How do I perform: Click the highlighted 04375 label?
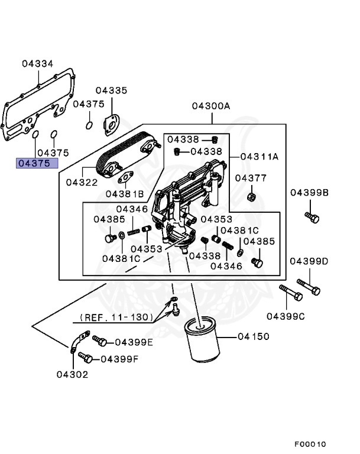(37, 164)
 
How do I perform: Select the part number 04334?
(38, 63)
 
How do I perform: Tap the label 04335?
(112, 90)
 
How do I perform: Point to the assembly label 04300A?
(210, 106)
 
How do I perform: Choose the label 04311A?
(259, 157)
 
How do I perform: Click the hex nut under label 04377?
(251, 196)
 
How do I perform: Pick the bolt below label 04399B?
(312, 217)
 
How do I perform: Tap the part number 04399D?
(309, 261)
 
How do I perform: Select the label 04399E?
(134, 342)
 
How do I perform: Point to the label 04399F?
(119, 358)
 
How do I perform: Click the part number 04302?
(73, 374)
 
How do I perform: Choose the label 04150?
(254, 336)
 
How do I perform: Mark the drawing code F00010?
(310, 444)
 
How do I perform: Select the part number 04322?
(82, 183)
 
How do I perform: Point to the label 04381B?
(125, 193)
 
